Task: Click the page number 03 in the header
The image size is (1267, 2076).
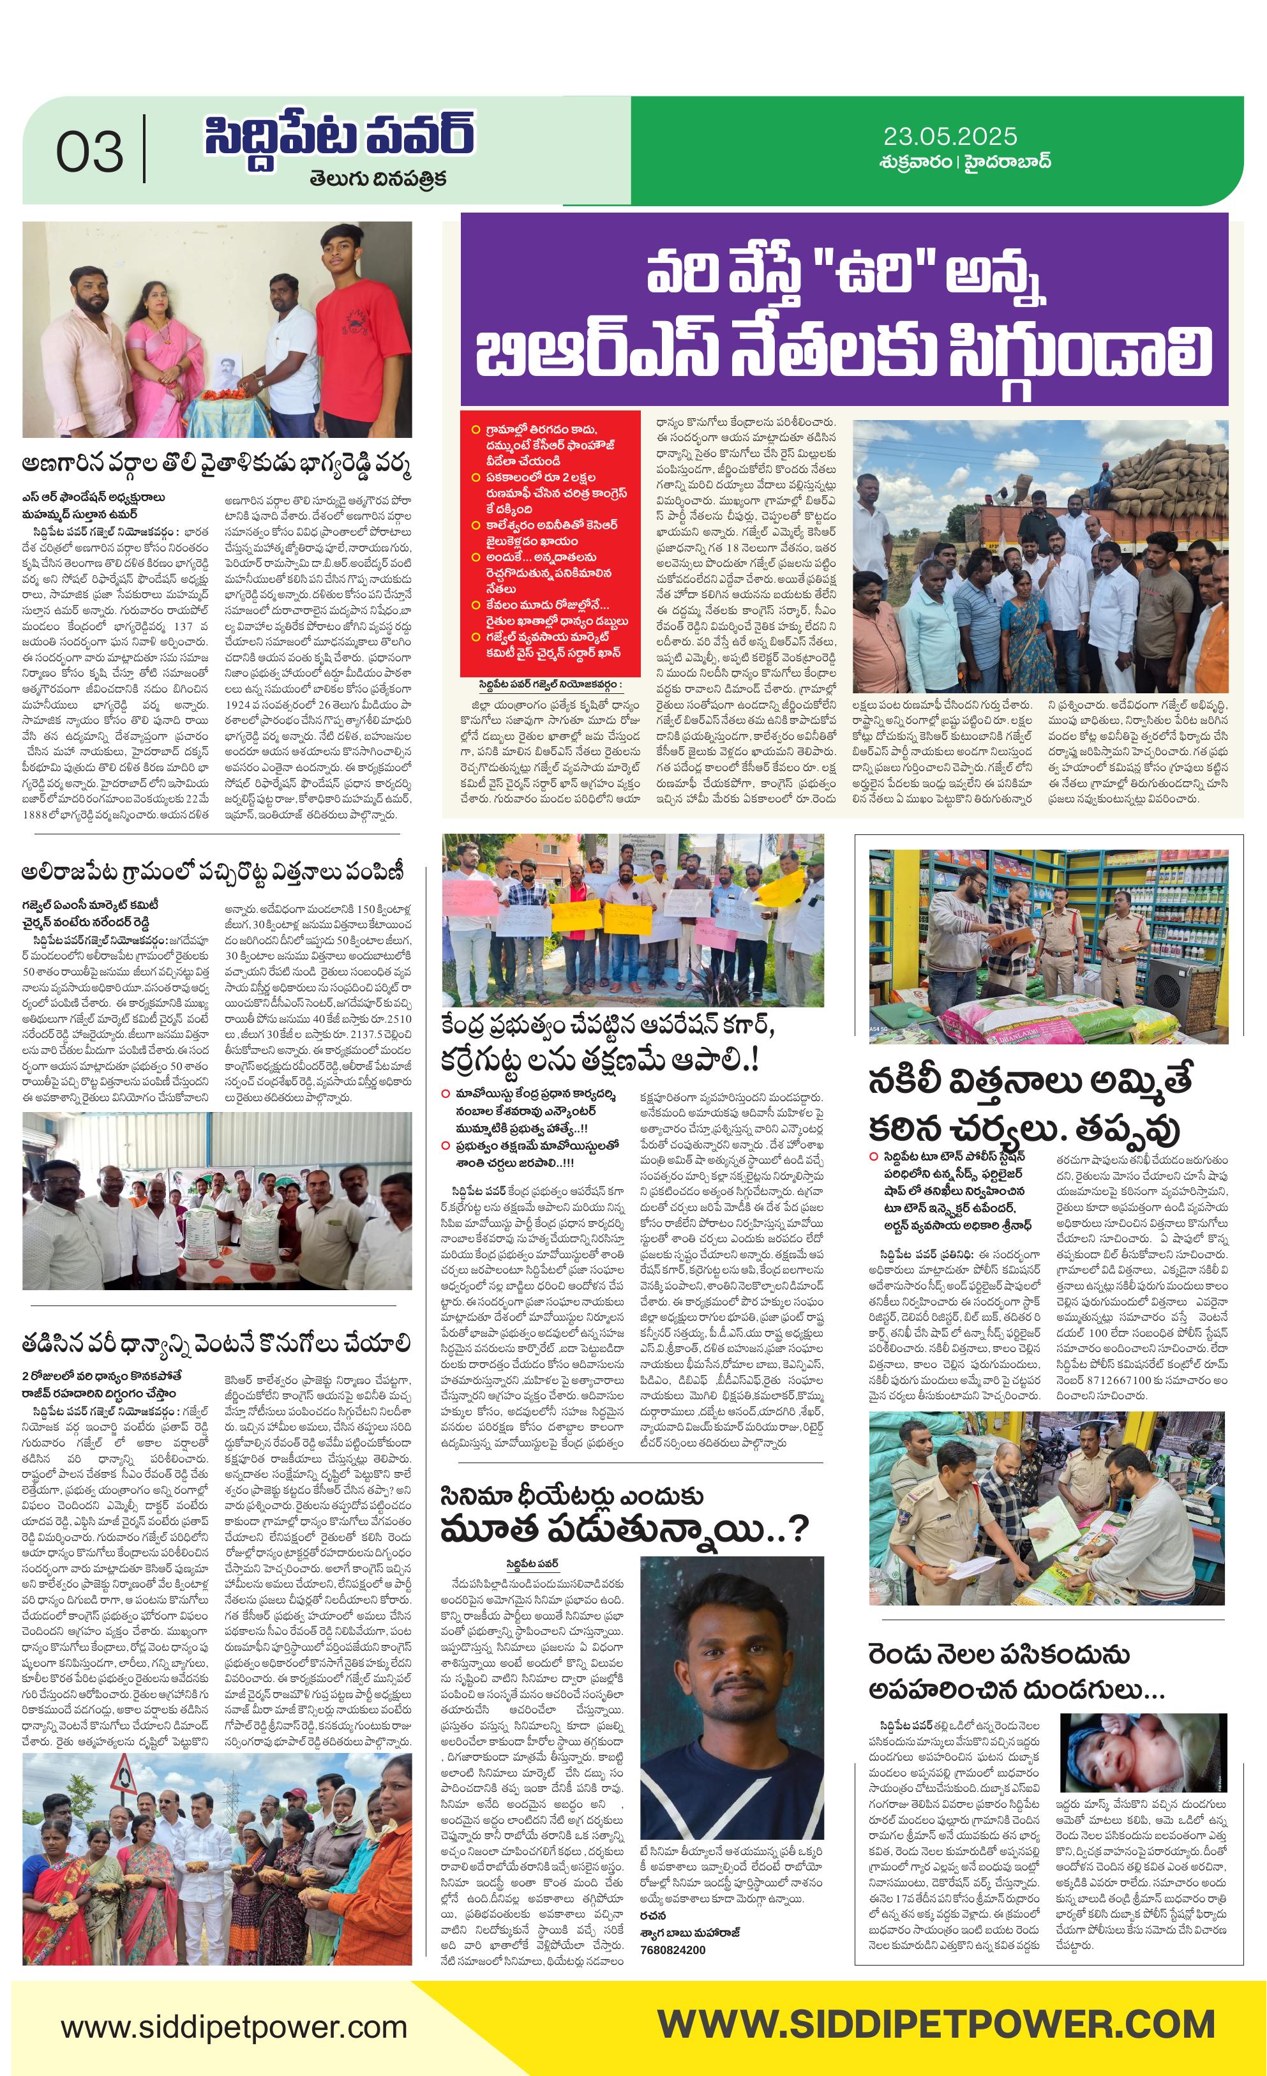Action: (x=89, y=153)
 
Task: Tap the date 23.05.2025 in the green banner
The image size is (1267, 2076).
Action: (x=949, y=137)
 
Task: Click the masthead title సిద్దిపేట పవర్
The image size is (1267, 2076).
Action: (x=339, y=135)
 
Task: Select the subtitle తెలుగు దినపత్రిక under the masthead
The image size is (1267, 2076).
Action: (x=377, y=179)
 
